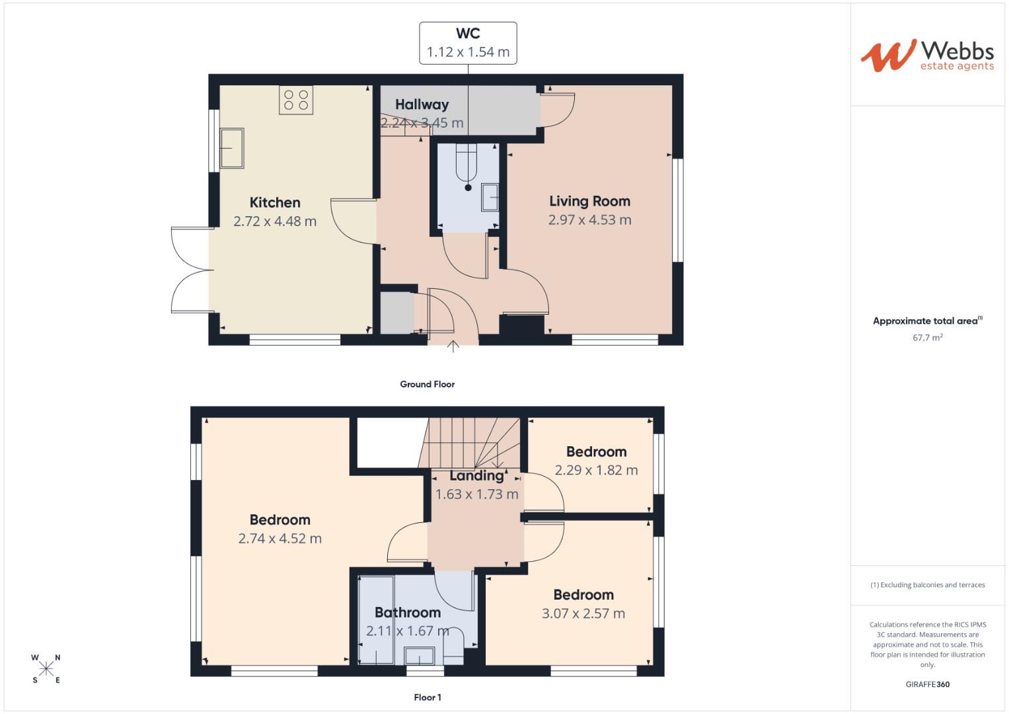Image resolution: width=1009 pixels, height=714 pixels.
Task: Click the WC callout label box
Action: (x=468, y=43)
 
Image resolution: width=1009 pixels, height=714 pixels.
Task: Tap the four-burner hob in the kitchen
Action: (x=296, y=100)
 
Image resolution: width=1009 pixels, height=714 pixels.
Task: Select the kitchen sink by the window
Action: (x=231, y=148)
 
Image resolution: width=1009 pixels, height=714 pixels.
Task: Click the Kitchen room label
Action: (x=275, y=203)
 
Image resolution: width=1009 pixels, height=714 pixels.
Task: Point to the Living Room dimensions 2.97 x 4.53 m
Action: (x=589, y=220)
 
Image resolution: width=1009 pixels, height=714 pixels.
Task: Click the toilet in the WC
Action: (x=468, y=165)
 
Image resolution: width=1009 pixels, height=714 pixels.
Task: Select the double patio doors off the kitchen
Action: (x=190, y=270)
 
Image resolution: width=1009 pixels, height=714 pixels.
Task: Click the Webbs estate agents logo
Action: (x=927, y=56)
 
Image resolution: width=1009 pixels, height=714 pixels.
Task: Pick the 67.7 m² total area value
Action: (x=927, y=338)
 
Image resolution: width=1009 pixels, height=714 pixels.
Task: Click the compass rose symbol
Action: (x=46, y=669)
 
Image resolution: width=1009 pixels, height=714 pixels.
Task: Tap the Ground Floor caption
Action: (x=427, y=384)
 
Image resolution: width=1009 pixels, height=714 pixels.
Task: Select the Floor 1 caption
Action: (x=427, y=697)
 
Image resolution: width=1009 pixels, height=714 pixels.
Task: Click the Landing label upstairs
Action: (x=476, y=476)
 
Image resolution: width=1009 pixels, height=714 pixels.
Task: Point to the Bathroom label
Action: (x=408, y=613)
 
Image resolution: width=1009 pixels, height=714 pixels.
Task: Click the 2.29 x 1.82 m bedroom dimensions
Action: (x=596, y=471)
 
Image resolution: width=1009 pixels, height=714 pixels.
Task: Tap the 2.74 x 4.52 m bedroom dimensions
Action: (x=280, y=539)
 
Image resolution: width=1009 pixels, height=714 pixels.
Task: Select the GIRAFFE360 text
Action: (x=927, y=684)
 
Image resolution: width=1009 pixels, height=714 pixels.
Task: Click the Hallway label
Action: (x=422, y=104)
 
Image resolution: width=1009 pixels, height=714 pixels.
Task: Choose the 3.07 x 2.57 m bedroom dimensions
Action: (x=583, y=614)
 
